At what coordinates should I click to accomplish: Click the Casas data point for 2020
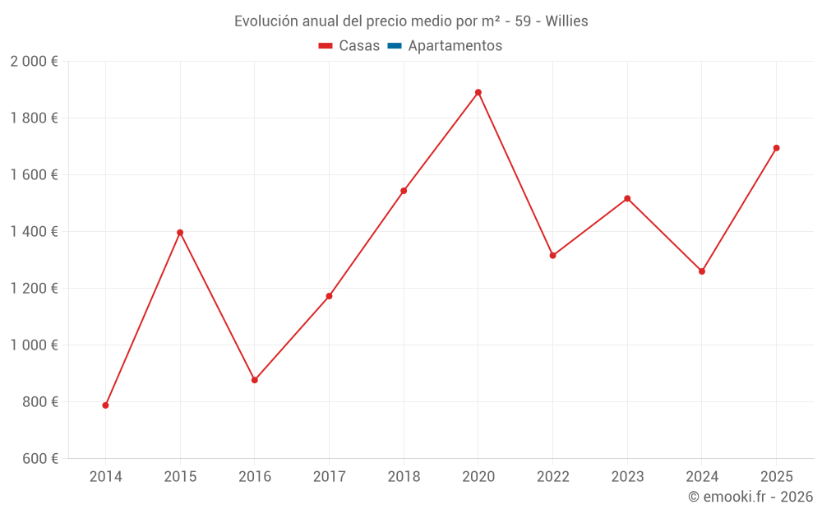[x=478, y=92]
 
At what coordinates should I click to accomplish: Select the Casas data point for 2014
[x=105, y=405]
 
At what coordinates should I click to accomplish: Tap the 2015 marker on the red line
[x=180, y=233]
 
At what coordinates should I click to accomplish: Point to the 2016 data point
[x=255, y=380]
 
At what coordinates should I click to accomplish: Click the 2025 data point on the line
[x=776, y=148]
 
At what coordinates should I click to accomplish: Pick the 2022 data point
[x=552, y=256]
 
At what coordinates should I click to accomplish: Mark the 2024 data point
[x=701, y=271]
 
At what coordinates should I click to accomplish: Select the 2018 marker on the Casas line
[x=404, y=191]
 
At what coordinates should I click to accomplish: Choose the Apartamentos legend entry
[x=455, y=46]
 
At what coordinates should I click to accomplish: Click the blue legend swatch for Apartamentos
[x=394, y=46]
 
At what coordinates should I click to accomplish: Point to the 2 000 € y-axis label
[x=34, y=62]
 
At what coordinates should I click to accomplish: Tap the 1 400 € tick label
[x=34, y=232]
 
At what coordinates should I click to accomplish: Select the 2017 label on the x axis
[x=329, y=477]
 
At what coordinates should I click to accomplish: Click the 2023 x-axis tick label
[x=627, y=477]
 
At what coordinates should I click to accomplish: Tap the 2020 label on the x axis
[x=478, y=477]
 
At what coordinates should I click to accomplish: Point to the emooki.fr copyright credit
[x=750, y=497]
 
